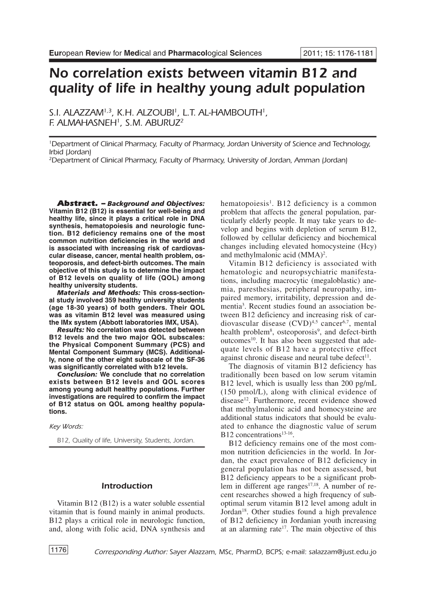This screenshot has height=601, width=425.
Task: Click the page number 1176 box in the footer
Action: click(x=58, y=550)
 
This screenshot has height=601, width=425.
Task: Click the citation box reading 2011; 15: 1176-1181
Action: click(x=338, y=53)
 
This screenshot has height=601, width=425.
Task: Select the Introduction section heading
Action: click(x=127, y=486)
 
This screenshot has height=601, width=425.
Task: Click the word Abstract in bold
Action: click(x=77, y=204)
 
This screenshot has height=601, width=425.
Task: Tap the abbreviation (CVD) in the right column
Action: click(x=310, y=323)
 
